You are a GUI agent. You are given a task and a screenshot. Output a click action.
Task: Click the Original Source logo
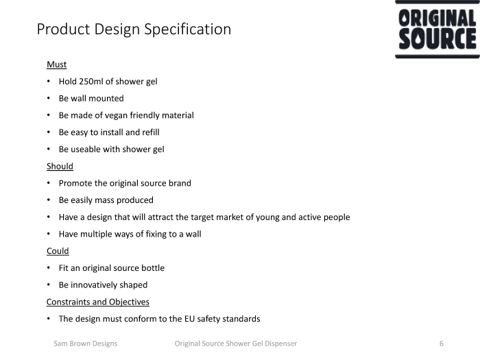pyautogui.click(x=437, y=29)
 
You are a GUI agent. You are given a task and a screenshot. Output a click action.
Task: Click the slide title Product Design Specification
pyautogui.click(x=134, y=29)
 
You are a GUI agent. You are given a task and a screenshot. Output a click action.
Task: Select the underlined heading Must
pyautogui.click(x=57, y=64)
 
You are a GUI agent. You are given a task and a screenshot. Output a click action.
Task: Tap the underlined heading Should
pyautogui.click(x=60, y=166)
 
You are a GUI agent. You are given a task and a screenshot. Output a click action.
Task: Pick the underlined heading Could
pyautogui.click(x=58, y=251)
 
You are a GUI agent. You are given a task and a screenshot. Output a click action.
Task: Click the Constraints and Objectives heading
pyautogui.click(x=98, y=302)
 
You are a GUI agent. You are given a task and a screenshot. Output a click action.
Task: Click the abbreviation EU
pyautogui.click(x=189, y=319)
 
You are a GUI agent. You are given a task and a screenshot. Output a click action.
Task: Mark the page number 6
pyautogui.click(x=442, y=344)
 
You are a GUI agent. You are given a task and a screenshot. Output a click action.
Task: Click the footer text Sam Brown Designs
pyautogui.click(x=86, y=344)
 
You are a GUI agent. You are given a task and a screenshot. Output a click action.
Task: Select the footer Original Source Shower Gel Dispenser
pyautogui.click(x=236, y=344)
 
